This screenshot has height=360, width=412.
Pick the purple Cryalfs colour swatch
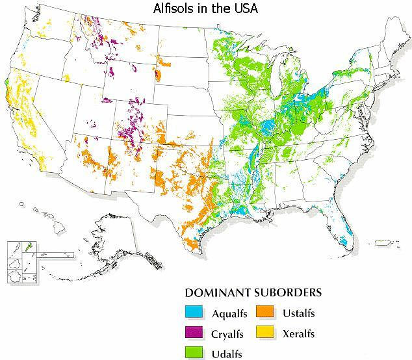pyautogui.click(x=193, y=333)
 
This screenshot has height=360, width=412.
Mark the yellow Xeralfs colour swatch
pyautogui.click(x=264, y=333)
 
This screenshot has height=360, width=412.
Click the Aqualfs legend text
pyautogui.click(x=229, y=314)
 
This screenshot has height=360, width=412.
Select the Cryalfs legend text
pyautogui.click(x=227, y=333)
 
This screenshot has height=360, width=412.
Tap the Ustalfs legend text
pyautogui.click(x=299, y=314)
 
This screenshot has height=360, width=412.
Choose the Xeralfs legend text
pyautogui.click(x=300, y=333)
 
